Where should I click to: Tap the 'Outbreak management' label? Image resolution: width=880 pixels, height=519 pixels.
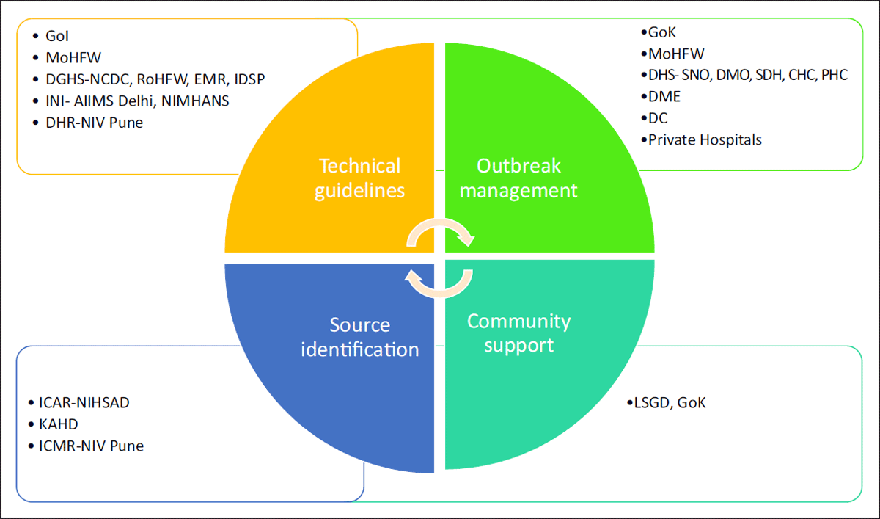tap(519, 178)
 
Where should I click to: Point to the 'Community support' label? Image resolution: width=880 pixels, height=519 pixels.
tap(518, 333)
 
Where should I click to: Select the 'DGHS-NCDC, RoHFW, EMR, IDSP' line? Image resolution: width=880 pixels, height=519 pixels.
tap(150, 79)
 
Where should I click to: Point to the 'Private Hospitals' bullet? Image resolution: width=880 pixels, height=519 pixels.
tap(705, 139)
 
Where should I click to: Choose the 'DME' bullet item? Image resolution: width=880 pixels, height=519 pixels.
tap(664, 96)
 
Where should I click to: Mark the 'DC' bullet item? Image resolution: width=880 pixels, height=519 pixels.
tap(658, 117)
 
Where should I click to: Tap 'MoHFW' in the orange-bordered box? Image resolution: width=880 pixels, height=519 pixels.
tap(73, 57)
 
